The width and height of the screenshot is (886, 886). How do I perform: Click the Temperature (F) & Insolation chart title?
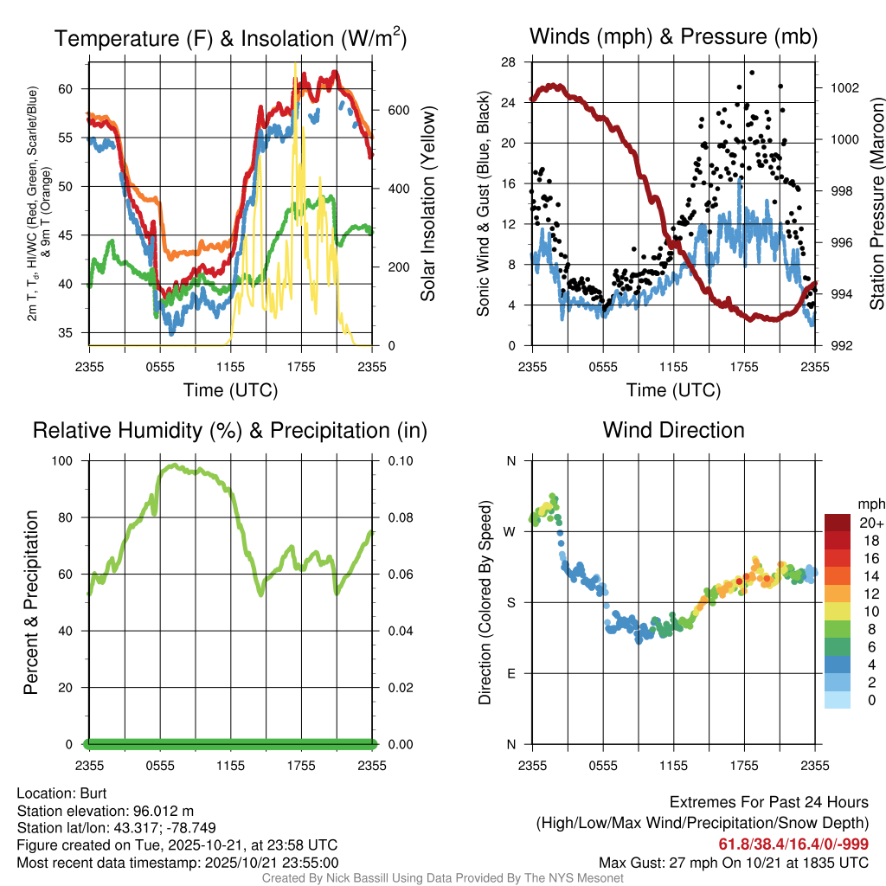point(230,38)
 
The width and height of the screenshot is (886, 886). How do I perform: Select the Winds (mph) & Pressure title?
point(673,36)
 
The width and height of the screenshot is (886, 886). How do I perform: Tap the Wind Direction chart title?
point(673,430)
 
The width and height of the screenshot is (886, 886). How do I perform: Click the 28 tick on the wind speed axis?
point(509,62)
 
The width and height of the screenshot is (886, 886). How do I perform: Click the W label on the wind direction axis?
point(510,531)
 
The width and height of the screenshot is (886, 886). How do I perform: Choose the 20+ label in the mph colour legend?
point(871,523)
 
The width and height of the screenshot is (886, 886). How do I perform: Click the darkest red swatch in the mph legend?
point(838,523)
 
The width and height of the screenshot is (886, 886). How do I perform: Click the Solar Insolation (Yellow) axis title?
point(427,204)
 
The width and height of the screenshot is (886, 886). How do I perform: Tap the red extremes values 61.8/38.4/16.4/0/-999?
point(793,844)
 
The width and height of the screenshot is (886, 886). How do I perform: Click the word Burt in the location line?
point(93,793)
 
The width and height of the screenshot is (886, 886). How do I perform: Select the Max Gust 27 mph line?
point(734,863)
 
